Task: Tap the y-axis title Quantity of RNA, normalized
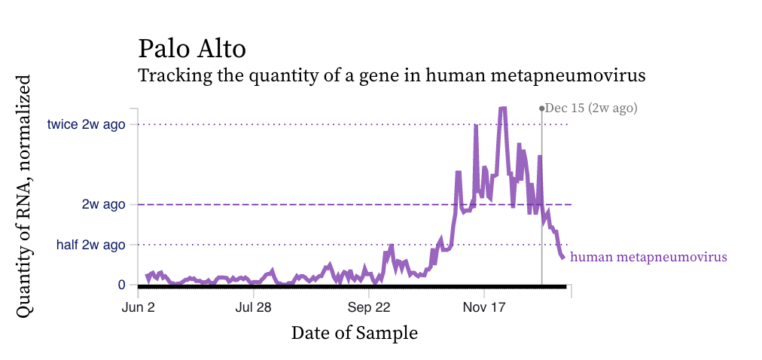[x=24, y=195]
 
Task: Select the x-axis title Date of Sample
[x=354, y=332]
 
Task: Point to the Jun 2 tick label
[x=139, y=307]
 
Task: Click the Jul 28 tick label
[x=253, y=307]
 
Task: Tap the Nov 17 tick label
[x=483, y=307]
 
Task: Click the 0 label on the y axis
[x=121, y=285]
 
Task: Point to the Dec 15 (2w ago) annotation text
[x=591, y=108]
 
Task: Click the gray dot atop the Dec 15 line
[x=541, y=108]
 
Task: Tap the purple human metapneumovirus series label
[x=648, y=257]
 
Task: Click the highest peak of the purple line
[x=502, y=108]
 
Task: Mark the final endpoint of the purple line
[x=562, y=258]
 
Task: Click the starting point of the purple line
[x=147, y=276]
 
